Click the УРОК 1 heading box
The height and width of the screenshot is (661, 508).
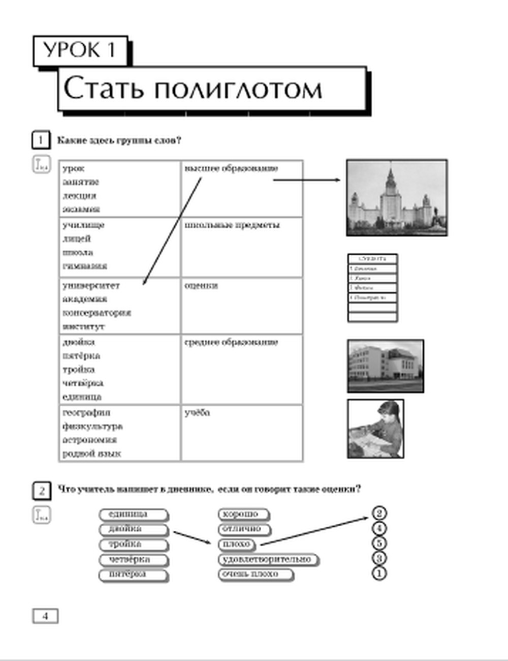[80, 50]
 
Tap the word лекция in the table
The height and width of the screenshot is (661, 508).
[79, 196]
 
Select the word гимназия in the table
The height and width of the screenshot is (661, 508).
[85, 265]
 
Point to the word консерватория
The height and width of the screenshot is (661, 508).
[97, 313]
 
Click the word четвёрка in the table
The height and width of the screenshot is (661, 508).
[83, 383]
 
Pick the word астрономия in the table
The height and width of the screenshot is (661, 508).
[89, 440]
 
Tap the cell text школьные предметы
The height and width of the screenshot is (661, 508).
[232, 225]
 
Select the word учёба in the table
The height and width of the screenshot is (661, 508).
[197, 413]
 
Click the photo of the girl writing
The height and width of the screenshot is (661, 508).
[375, 429]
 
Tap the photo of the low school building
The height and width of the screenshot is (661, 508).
[385, 366]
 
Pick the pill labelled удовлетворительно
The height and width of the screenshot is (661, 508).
[267, 559]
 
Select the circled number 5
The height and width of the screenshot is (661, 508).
[379, 544]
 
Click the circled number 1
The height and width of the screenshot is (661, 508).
[379, 574]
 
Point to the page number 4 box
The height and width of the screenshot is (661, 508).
[45, 616]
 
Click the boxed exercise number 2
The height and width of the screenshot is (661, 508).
[41, 491]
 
